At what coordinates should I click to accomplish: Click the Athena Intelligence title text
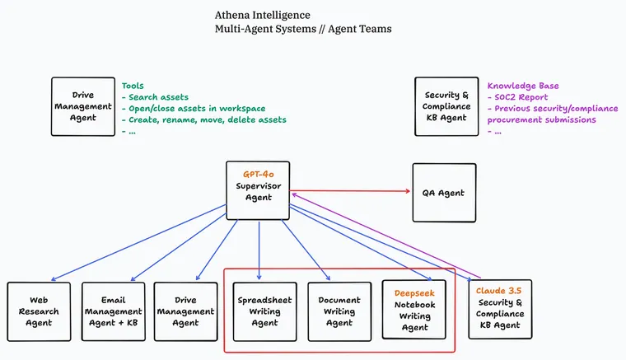pos(262,15)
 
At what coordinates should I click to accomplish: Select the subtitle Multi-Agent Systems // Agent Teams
pos(302,29)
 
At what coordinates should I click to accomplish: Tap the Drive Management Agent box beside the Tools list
pos(82,106)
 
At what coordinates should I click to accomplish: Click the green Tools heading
pos(133,86)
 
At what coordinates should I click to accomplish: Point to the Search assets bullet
pos(159,97)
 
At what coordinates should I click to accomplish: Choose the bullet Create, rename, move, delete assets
pos(203,119)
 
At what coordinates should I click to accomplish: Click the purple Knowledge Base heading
pos(523,86)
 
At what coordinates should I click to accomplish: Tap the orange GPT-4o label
pos(258,175)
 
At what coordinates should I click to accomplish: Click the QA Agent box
pos(443,193)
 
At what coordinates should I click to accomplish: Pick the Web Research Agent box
pos(39,311)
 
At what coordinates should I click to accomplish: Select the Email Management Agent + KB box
pos(113,311)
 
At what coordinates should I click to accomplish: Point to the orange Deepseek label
pos(414,292)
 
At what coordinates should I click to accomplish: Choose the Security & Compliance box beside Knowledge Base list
pos(447,106)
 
